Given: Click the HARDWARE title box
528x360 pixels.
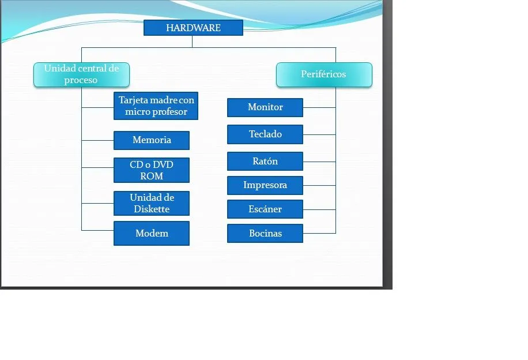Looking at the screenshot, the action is (x=193, y=28).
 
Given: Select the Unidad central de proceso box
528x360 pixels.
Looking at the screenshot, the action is (x=81, y=74).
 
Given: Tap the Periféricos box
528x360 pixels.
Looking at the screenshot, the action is (x=324, y=74).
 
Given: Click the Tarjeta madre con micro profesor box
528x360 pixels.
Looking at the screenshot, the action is (x=156, y=106).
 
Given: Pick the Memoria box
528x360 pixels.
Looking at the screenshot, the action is (x=152, y=140).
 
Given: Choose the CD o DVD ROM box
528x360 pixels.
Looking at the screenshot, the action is (x=152, y=170).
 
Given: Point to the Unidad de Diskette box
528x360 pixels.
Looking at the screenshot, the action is (x=152, y=203).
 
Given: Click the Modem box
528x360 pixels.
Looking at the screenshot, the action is (x=152, y=233).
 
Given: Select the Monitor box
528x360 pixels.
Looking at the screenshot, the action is (x=265, y=107).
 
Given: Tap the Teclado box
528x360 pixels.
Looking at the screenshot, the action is (x=265, y=134).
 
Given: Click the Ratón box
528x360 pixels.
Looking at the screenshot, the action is (x=265, y=162).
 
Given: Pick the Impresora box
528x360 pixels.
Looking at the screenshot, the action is (x=265, y=185).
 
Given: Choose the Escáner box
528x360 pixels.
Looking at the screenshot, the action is (x=265, y=209).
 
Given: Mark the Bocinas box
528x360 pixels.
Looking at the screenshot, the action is (x=265, y=233).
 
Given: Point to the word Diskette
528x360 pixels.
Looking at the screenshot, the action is (x=152, y=209).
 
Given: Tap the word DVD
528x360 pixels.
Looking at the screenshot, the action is (x=163, y=164).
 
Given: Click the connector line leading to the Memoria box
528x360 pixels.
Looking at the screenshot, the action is (x=97, y=140).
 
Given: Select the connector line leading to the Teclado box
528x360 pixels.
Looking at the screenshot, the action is (x=319, y=134).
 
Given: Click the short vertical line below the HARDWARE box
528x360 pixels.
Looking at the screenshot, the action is (x=193, y=42).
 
